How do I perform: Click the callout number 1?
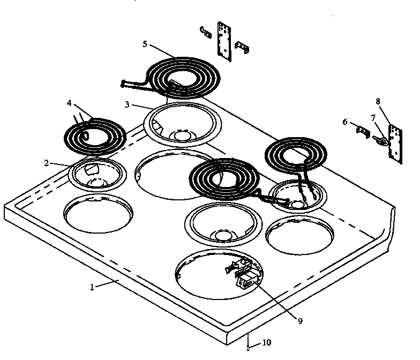point(92,287)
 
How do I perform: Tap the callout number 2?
point(47,163)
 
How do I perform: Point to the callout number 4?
point(69,102)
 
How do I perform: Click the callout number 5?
point(145,44)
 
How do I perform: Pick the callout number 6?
point(346,122)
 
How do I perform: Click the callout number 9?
point(301,321)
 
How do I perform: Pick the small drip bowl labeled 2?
point(97,174)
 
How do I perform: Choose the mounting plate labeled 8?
point(395,144)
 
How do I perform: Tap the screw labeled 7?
point(381,140)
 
